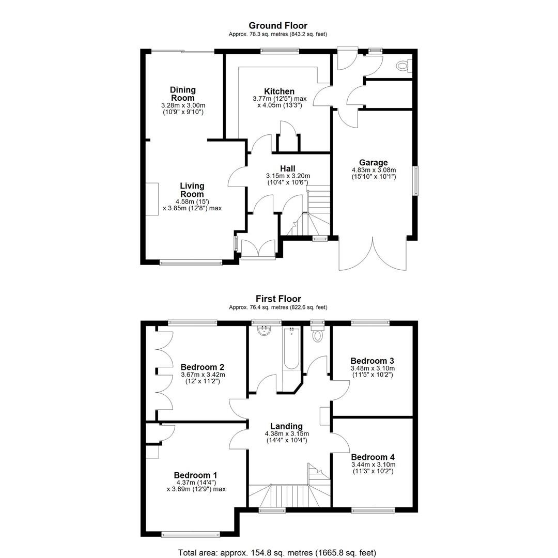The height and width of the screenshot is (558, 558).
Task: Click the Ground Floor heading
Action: coord(278,25)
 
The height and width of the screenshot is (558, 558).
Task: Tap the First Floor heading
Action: coord(278,299)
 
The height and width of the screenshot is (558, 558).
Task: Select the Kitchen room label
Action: coord(280,91)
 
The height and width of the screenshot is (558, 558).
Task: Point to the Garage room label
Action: coord(374,163)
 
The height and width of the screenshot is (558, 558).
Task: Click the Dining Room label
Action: coord(183,94)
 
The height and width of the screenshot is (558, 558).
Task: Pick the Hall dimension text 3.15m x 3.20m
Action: coord(288,176)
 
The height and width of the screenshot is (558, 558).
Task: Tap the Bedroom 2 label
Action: coord(203,367)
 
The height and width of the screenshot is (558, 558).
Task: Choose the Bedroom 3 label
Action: coord(372,361)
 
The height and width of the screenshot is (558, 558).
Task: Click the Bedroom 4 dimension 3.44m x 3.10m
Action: coord(374,464)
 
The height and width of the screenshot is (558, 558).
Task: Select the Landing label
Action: coord(286,426)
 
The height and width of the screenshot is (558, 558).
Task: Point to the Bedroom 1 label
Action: coord(195,475)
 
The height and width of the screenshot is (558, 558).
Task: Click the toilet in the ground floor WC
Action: coord(404,66)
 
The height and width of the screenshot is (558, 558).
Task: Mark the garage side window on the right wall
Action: coord(415,180)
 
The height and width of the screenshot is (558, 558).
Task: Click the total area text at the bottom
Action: coord(277,553)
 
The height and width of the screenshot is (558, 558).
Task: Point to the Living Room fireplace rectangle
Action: coord(152,199)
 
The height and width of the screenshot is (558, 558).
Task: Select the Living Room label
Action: coord(192,190)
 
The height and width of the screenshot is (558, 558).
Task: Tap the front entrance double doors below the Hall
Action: coord(258,249)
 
